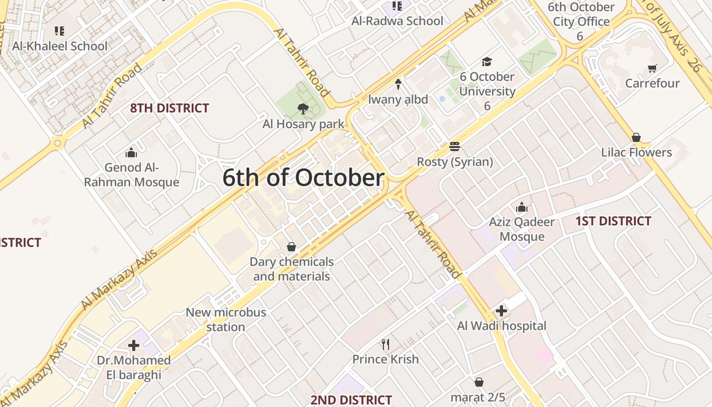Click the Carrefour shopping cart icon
tap(652, 68)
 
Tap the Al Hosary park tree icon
tap(303, 108)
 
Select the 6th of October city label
tap(303, 178)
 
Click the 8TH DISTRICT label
tap(169, 108)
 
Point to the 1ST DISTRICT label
tap(613, 221)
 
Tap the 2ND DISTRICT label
tap(351, 400)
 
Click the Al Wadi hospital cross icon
tap(501, 310)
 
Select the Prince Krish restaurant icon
tap(385, 344)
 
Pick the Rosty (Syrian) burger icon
tap(455, 147)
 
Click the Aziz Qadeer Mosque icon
tap(522, 207)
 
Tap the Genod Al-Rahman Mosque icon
tap(131, 152)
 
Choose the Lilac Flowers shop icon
tap(636, 137)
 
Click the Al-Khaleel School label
tap(60, 46)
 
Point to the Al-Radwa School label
tap(397, 21)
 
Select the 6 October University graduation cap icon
tap(487, 62)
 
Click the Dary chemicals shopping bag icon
tap(291, 247)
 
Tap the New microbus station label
tap(226, 319)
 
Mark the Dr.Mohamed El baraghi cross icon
tap(134, 345)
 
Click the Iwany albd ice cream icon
tap(398, 84)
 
